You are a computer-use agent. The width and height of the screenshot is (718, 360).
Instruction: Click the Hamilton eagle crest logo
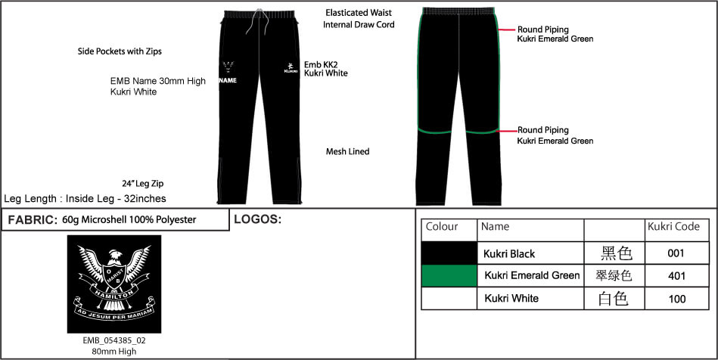[x=113, y=283]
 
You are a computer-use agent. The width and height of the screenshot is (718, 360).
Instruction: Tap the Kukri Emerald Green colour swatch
[x=449, y=275]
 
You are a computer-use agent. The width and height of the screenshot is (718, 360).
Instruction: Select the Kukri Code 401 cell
[x=676, y=276]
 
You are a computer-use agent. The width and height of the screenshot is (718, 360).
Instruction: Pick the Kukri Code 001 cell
[x=676, y=253]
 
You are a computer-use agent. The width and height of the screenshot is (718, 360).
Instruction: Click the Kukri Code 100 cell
[x=676, y=299]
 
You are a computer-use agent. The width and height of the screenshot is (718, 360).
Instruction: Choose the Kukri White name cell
[x=511, y=299]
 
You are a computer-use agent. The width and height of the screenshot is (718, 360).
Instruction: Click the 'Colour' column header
[x=443, y=227]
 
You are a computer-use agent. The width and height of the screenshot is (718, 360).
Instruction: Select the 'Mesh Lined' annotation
[x=347, y=152]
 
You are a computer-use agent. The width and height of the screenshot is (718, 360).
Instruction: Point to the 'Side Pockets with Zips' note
[x=120, y=52]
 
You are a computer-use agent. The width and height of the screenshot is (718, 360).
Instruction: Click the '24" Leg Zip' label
[x=142, y=184]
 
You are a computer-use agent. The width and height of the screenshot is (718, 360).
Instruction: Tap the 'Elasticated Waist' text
[x=359, y=14]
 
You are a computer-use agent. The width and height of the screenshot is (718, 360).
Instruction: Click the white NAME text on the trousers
[x=228, y=80]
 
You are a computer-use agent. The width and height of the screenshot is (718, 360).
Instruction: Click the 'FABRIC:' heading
[x=31, y=220]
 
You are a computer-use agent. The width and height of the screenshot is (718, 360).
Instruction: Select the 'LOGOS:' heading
[x=257, y=220]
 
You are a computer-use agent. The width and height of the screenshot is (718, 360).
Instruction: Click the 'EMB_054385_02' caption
[x=114, y=340]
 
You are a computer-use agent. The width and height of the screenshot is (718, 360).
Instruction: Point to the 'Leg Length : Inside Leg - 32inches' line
[x=85, y=199]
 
